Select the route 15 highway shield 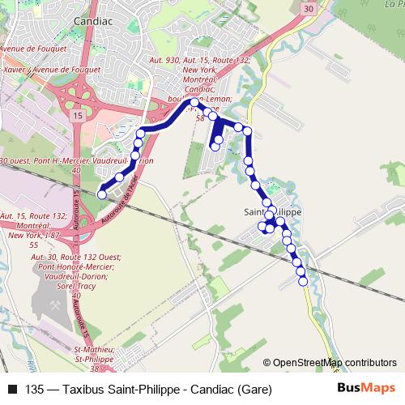[x=78, y=117]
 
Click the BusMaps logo [x=368, y=387]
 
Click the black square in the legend [x=11, y=388]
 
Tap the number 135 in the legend [x=35, y=388]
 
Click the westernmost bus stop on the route [x=102, y=194]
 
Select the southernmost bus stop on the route [x=303, y=281]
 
